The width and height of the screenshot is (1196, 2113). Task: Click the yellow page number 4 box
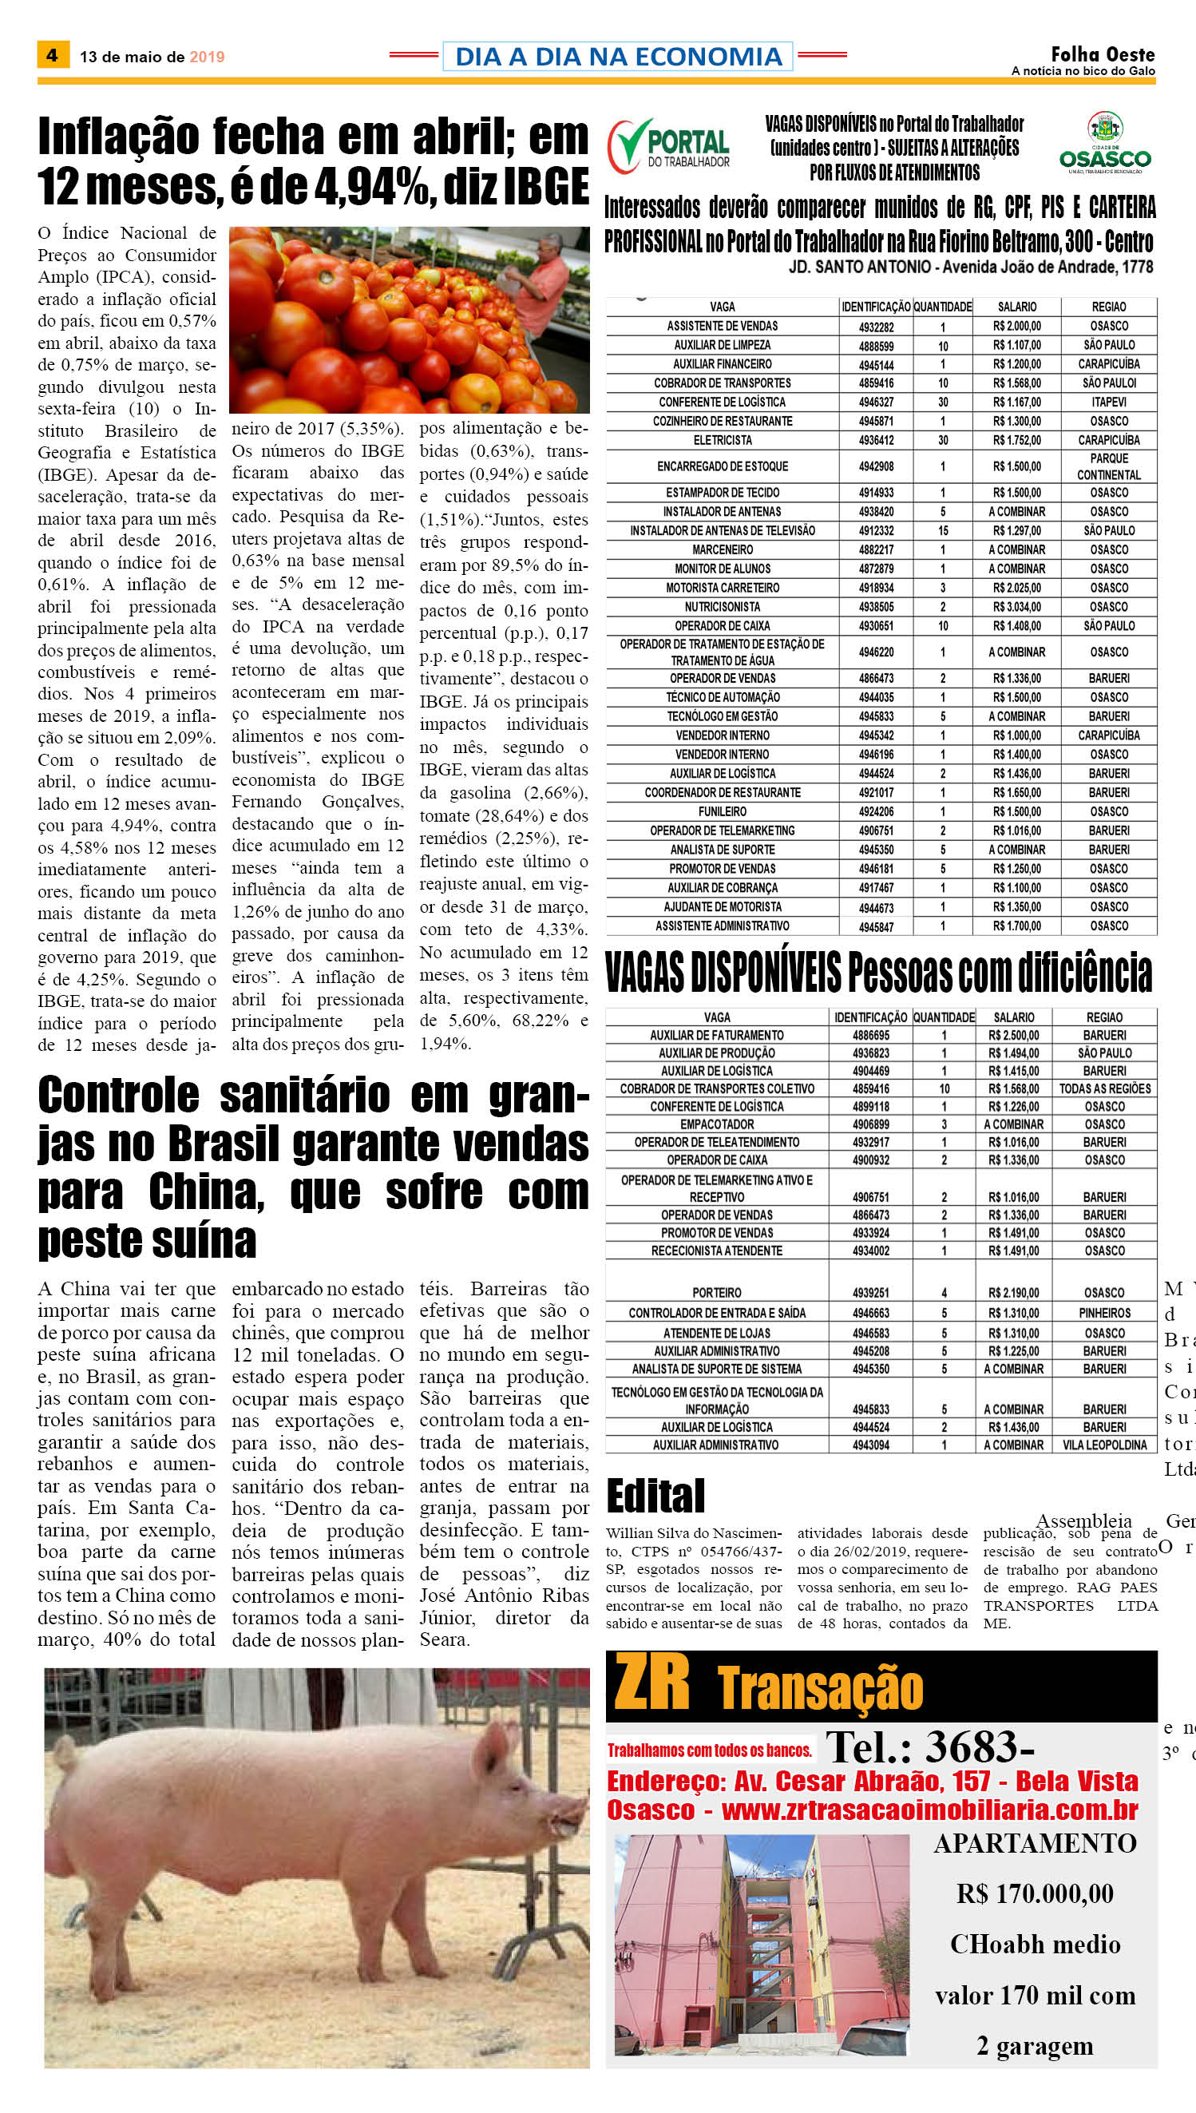[52, 55]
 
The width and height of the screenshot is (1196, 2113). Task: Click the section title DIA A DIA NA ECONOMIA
[618, 56]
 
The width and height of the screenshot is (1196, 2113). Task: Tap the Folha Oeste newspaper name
[1102, 54]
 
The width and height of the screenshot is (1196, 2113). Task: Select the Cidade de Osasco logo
[1105, 142]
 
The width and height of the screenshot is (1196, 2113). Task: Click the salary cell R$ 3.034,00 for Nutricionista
[1016, 606]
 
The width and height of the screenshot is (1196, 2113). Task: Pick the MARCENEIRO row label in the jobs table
[722, 549]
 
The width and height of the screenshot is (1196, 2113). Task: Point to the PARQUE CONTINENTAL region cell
[1108, 466]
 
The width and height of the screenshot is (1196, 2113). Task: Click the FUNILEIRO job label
[722, 811]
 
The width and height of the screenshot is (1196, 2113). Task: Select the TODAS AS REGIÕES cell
[1104, 1088]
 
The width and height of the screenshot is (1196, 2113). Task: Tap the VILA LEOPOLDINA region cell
[1104, 1445]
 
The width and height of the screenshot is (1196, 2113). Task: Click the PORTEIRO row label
[716, 1292]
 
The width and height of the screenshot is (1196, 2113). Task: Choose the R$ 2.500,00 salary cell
[1014, 1035]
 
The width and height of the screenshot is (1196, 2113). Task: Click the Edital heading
[655, 1495]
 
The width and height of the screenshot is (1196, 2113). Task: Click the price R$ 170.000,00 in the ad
[1034, 1893]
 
